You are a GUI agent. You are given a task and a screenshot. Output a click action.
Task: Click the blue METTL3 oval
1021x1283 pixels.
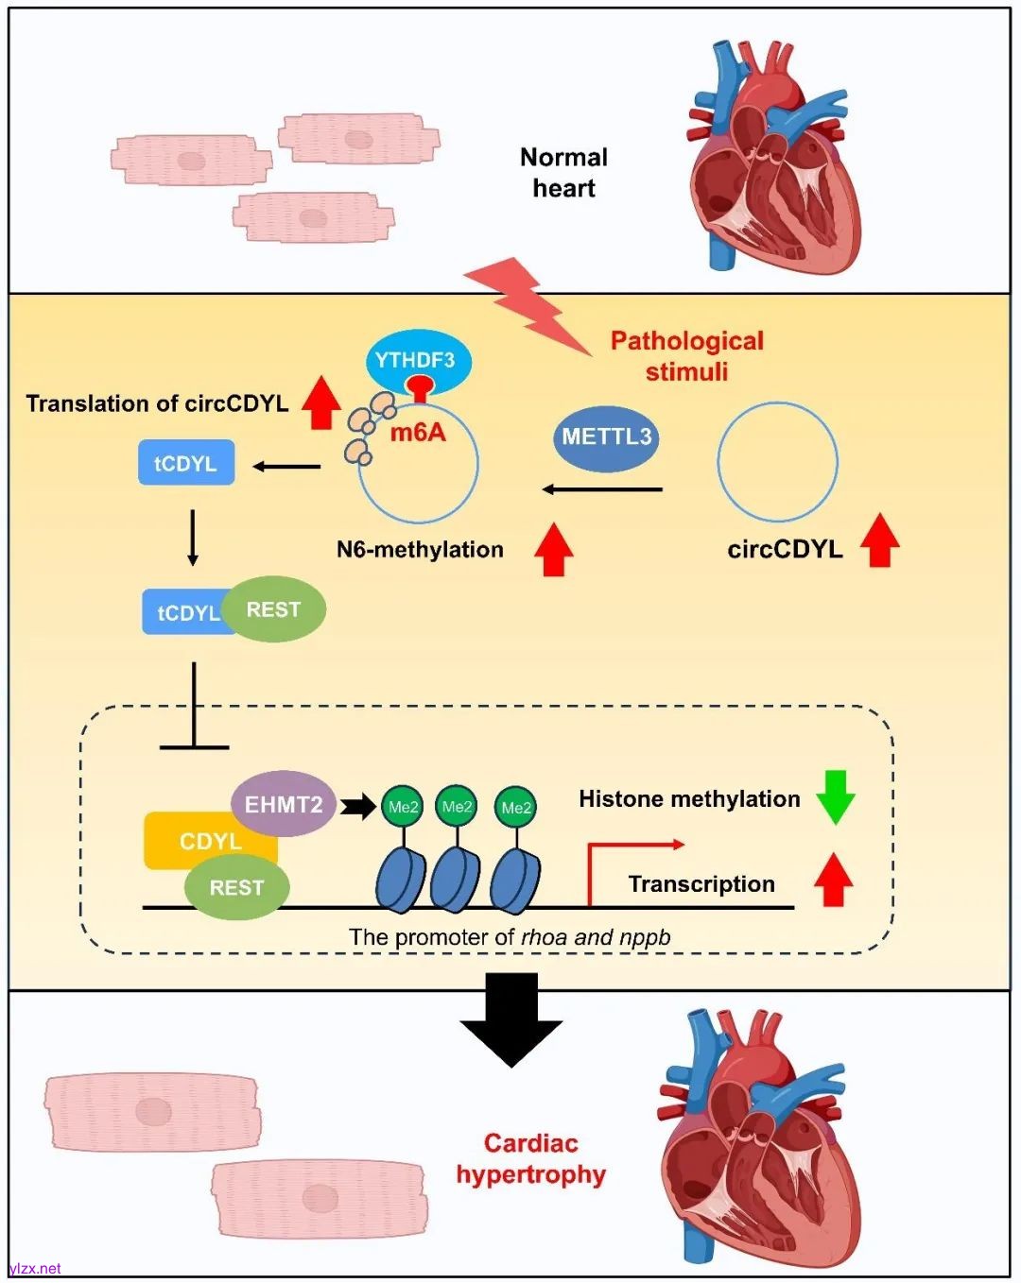pos(606,437)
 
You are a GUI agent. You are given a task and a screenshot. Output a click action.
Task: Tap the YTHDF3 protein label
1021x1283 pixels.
pos(414,361)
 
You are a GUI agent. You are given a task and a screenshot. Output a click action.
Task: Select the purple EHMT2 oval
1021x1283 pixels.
pos(284,805)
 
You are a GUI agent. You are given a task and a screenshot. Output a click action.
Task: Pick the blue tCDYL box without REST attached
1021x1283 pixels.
pos(186,463)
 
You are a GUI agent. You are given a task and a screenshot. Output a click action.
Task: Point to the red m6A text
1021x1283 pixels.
pos(418,433)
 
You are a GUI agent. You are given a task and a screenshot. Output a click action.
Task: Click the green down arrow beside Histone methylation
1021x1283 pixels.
pos(836,796)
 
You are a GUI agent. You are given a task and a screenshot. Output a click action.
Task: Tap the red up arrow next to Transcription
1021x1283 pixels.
pos(834,880)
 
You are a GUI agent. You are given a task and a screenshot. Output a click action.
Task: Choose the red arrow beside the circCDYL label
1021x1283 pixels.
pos(880,540)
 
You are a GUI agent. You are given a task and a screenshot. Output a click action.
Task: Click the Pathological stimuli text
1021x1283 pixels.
pos(687,355)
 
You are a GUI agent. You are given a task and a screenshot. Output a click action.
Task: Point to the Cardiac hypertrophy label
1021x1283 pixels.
pos(531,1158)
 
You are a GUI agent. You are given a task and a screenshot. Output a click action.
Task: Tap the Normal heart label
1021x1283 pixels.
pos(564,173)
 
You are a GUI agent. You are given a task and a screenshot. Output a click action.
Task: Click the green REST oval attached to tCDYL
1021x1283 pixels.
pos(274,609)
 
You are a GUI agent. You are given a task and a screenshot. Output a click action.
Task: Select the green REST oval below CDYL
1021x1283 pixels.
pos(236,888)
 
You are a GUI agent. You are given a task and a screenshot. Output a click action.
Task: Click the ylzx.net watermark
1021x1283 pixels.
pos(35,1268)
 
